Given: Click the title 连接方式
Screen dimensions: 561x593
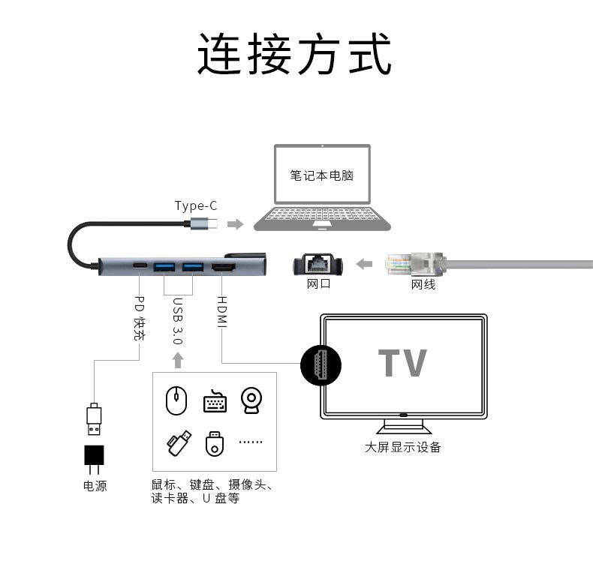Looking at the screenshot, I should (x=295, y=53).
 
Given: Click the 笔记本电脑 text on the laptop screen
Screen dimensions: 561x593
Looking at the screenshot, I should (x=321, y=175).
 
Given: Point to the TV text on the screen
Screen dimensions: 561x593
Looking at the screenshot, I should (x=403, y=363).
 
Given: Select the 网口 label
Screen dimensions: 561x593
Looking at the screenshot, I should (x=318, y=284).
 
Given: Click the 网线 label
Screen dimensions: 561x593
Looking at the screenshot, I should (x=423, y=284).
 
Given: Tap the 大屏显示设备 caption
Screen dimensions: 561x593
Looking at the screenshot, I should (x=403, y=448).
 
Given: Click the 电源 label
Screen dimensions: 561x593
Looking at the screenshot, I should (x=95, y=486).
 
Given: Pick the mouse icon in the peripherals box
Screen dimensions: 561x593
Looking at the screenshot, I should (x=176, y=400).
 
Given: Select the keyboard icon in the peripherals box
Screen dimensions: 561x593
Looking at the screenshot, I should (x=215, y=402).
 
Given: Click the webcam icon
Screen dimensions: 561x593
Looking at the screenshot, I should (x=252, y=400).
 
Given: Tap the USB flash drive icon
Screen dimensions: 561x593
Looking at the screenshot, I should (x=179, y=443).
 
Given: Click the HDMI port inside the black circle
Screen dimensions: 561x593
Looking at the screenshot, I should (x=321, y=366).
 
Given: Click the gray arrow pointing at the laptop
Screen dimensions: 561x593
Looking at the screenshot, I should (x=236, y=223).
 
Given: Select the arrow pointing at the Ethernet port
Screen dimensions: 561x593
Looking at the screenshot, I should (x=364, y=263).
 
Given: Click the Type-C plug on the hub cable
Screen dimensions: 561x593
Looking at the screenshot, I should (x=204, y=223).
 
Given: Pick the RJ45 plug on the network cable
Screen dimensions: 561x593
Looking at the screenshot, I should (x=412, y=263).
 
